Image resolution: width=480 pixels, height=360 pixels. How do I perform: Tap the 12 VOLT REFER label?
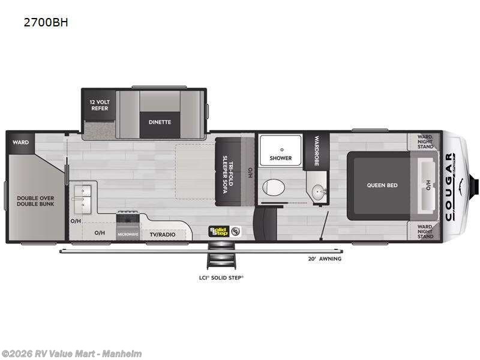point(100,104)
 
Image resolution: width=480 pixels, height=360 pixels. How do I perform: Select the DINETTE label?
point(160,122)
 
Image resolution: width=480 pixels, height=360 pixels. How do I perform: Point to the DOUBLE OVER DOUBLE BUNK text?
point(35,200)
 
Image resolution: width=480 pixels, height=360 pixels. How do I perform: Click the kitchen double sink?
point(82,197)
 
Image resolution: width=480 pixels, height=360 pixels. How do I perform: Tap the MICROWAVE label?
point(128,233)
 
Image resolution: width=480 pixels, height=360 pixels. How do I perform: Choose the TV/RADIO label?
point(162,233)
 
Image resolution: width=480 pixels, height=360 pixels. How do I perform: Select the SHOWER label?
point(280,158)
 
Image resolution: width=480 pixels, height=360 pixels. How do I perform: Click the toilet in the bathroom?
point(275,187)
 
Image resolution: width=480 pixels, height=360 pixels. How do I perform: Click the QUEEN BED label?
point(382,185)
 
